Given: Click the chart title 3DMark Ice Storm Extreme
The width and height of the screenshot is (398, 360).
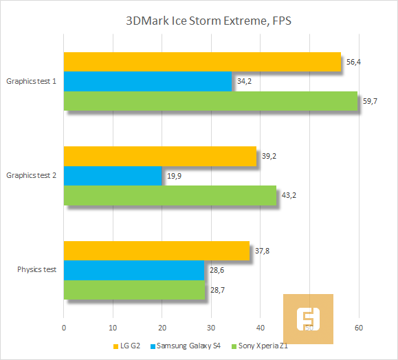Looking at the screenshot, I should pyautogui.click(x=199, y=21).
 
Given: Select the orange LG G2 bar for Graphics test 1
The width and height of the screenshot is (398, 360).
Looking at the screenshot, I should pyautogui.click(x=202, y=62).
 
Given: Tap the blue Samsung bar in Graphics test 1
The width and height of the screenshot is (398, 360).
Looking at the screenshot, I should pyautogui.click(x=148, y=81).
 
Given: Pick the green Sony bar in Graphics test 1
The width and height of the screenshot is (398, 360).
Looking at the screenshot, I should pyautogui.click(x=210, y=101).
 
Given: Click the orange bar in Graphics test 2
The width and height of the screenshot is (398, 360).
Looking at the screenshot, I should pyautogui.click(x=159, y=156).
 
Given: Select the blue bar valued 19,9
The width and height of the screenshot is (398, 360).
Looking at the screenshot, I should pyautogui.click(x=113, y=175).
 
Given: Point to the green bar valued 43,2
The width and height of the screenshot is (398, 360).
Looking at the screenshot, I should pyautogui.click(x=170, y=195).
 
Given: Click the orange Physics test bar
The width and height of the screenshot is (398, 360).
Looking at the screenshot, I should pyautogui.click(x=156, y=251).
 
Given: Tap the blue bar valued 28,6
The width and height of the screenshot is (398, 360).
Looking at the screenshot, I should pyautogui.click(x=134, y=270).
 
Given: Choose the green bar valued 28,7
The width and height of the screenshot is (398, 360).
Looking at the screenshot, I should pyautogui.click(x=134, y=289).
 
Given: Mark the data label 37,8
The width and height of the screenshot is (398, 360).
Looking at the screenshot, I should pyautogui.click(x=263, y=251).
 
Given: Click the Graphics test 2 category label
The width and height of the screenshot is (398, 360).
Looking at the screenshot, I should pyautogui.click(x=32, y=175).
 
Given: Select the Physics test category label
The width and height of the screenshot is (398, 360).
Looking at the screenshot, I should pyautogui.click(x=36, y=269).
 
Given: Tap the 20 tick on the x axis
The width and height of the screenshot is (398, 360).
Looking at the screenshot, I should pyautogui.click(x=162, y=329).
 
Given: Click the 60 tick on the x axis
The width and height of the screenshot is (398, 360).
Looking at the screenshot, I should pyautogui.click(x=359, y=329).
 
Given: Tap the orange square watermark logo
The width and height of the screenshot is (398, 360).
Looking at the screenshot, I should pyautogui.click(x=309, y=319).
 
